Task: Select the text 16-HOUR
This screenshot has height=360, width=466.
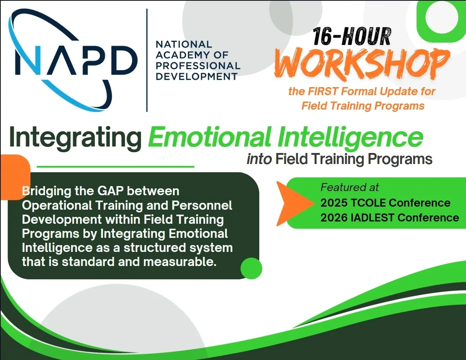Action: point(352,37)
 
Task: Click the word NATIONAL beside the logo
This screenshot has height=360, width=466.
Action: point(184,45)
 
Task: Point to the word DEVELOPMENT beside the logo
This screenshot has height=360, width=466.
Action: point(196,76)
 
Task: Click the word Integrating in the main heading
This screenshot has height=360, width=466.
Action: point(75,138)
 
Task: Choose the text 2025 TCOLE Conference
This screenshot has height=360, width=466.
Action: point(385,202)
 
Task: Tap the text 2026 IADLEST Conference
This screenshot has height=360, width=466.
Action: point(389,217)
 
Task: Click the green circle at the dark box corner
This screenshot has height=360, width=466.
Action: point(251,268)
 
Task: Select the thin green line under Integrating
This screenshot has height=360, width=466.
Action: point(115,166)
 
